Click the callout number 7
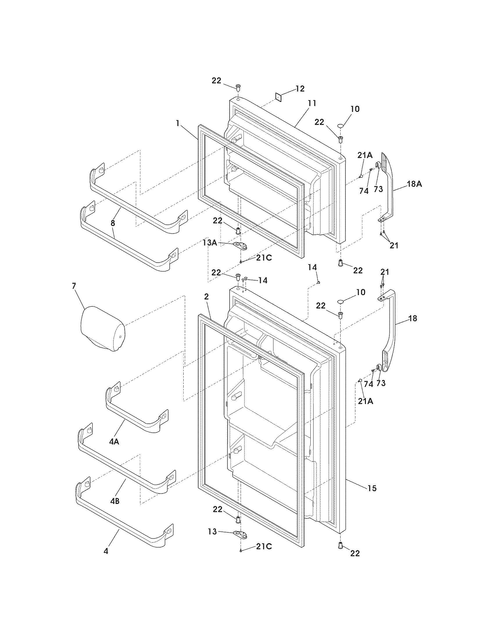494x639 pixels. (x=74, y=286)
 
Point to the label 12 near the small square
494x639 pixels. (x=300, y=89)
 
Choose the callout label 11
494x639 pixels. (x=312, y=103)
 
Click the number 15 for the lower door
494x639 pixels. (x=372, y=488)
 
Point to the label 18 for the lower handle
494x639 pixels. (x=413, y=318)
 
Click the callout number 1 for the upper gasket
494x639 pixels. (x=178, y=123)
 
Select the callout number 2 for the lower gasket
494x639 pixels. (x=206, y=297)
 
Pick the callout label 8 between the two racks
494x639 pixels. (x=113, y=223)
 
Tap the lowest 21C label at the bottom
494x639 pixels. (x=264, y=547)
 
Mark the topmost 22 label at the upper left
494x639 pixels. (x=216, y=80)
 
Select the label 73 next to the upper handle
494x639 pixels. (x=378, y=189)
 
